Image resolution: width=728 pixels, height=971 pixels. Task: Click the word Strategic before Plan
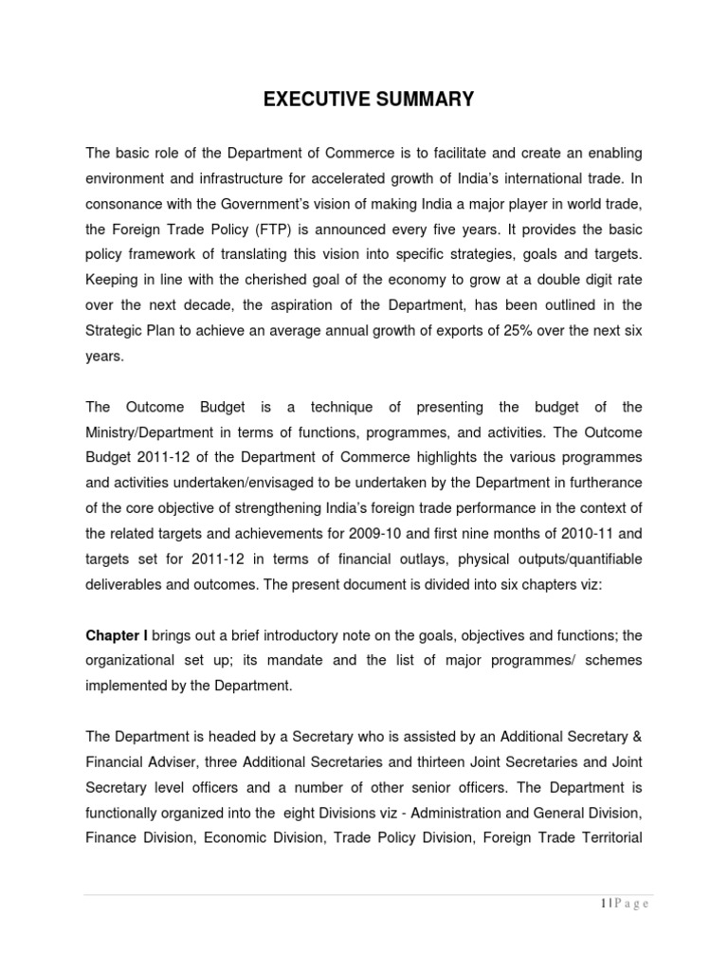click(115, 330)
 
